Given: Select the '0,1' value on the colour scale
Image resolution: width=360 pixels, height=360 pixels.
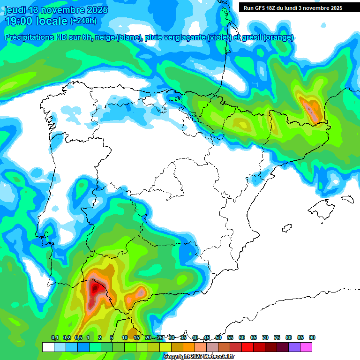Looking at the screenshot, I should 55,337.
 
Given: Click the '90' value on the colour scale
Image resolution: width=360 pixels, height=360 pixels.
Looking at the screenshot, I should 312,337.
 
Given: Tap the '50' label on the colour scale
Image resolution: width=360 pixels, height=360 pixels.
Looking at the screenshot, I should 218,337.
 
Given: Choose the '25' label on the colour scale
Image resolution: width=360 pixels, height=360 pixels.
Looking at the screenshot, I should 160,337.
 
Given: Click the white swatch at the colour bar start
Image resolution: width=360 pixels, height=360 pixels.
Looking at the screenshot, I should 48,347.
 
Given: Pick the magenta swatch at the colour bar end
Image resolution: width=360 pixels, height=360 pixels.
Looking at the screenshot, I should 306,347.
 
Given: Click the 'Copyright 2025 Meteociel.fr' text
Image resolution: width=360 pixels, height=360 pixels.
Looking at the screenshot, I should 199,357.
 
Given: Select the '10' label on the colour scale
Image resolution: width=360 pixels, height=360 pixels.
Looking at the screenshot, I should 125,337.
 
